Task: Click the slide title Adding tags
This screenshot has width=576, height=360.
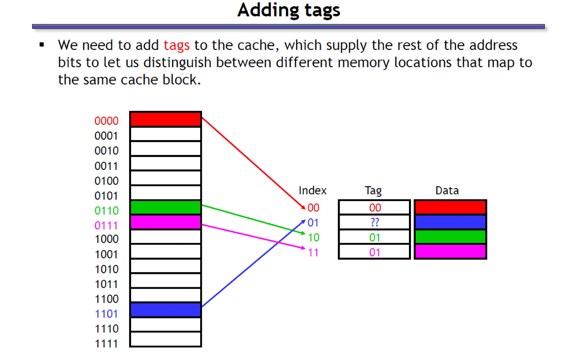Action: [x=289, y=10]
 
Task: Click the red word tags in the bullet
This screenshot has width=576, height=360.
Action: [x=177, y=45]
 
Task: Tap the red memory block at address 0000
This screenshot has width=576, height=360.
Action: [x=166, y=119]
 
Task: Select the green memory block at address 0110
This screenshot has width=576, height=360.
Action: [x=166, y=208]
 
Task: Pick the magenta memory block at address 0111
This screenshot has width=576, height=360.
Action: [x=166, y=222]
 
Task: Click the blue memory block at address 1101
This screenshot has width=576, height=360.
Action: [x=166, y=310]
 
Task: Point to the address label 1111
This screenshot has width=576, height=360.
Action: [x=106, y=344]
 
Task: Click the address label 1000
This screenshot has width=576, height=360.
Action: [x=107, y=239]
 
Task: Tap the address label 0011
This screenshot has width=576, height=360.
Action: [x=106, y=166]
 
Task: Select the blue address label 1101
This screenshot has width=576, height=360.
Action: [x=106, y=314]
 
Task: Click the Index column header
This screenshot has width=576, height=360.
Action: [x=312, y=191]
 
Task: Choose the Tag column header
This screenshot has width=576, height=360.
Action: [x=373, y=191]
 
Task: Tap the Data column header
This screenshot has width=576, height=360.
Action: [x=447, y=191]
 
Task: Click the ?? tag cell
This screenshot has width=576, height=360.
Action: [x=375, y=222]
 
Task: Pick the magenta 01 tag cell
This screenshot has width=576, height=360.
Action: [x=375, y=252]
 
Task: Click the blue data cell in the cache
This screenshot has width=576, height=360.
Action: [x=450, y=222]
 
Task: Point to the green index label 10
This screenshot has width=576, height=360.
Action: [x=314, y=238]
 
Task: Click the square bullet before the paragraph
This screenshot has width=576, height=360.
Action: [x=42, y=44]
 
